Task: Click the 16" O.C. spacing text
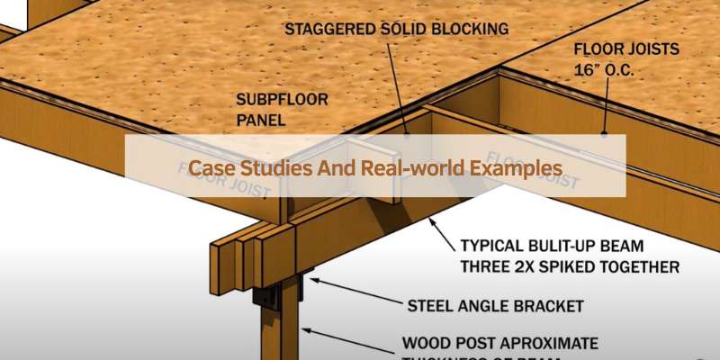(605, 67)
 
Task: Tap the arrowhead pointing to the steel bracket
(310, 279)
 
